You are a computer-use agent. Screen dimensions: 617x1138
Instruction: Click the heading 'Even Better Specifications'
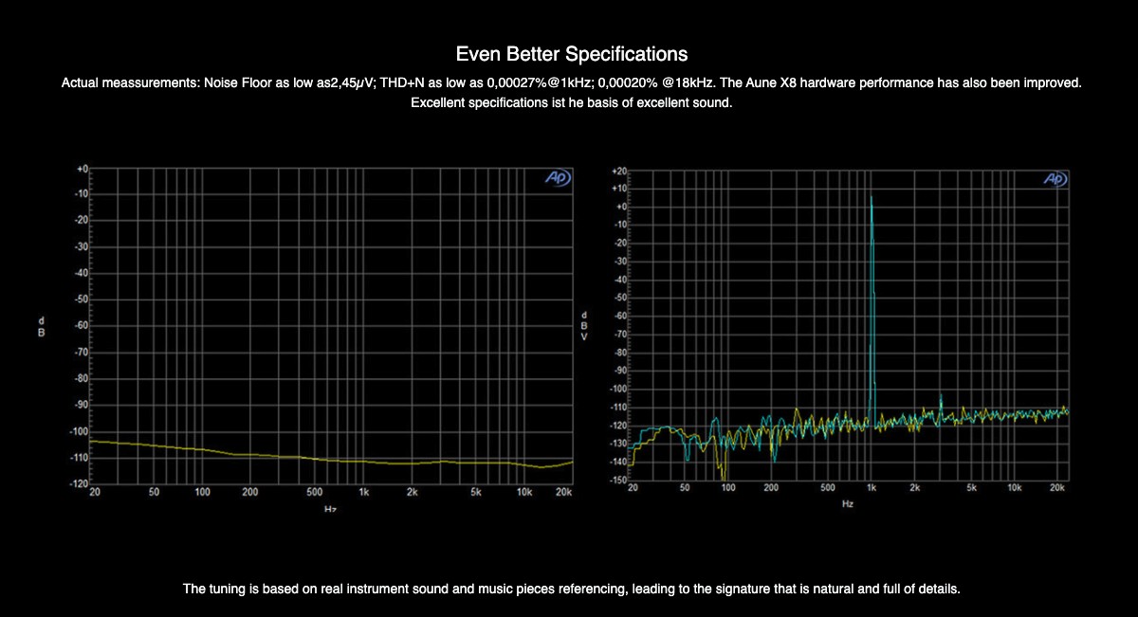pos(571,53)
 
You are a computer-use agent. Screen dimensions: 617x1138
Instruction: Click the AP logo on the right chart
pos(1055,179)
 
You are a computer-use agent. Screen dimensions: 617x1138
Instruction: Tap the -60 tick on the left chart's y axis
pos(82,325)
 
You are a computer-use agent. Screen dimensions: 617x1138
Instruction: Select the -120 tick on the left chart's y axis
pos(80,483)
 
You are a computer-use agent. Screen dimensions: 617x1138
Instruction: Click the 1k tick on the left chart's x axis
pos(363,493)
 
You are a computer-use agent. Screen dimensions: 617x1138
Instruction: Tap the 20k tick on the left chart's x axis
pos(564,493)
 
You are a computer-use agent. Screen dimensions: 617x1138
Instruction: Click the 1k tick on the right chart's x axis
pos(871,488)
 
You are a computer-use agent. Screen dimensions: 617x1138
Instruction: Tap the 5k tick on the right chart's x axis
pos(971,488)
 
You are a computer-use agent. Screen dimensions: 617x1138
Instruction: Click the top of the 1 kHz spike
pos(872,197)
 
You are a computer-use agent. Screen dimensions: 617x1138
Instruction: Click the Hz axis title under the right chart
pos(847,504)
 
